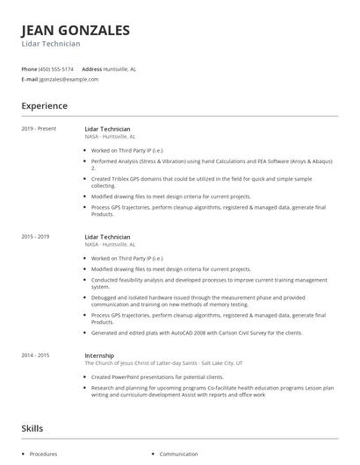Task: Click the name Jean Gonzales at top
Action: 76,30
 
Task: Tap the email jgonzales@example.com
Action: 68,79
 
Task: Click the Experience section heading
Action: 44,106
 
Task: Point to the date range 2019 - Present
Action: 39,128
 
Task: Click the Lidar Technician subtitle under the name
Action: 51,44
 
